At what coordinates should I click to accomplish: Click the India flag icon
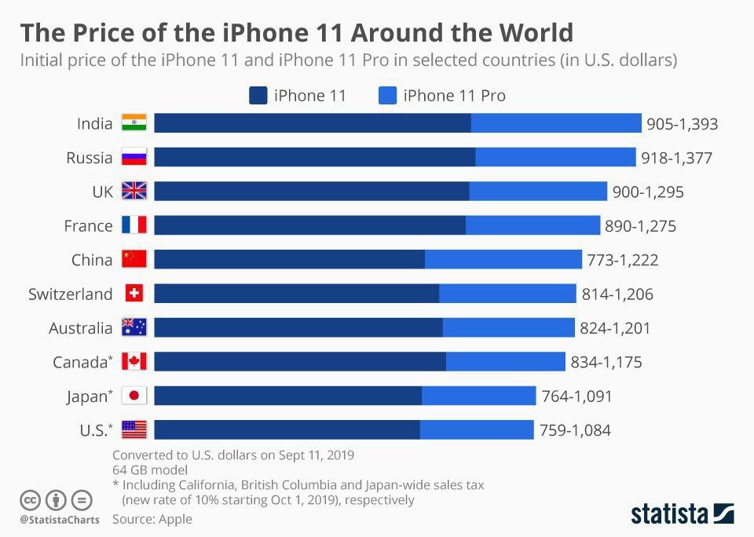tap(134, 123)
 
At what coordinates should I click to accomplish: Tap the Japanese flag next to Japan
tap(134, 396)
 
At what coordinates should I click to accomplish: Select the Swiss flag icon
tap(134, 294)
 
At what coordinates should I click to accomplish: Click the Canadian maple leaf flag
tap(134, 362)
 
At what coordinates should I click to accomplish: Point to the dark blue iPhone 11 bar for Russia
tap(314, 158)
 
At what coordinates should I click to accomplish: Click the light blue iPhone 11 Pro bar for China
tap(503, 260)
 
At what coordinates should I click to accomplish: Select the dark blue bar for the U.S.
tap(287, 429)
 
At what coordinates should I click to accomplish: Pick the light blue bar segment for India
tap(556, 123)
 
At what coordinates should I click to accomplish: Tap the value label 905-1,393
tap(682, 124)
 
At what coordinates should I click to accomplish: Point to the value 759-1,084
tap(575, 430)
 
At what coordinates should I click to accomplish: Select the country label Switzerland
tap(71, 294)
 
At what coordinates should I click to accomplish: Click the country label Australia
tap(80, 328)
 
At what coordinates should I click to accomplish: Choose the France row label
tap(88, 226)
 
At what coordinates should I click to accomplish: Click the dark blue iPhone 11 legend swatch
tap(258, 96)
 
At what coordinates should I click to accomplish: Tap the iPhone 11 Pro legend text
tap(454, 96)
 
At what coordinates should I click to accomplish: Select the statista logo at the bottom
tap(683, 513)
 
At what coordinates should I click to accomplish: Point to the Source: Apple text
tap(152, 519)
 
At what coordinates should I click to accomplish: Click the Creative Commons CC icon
tap(30, 499)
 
